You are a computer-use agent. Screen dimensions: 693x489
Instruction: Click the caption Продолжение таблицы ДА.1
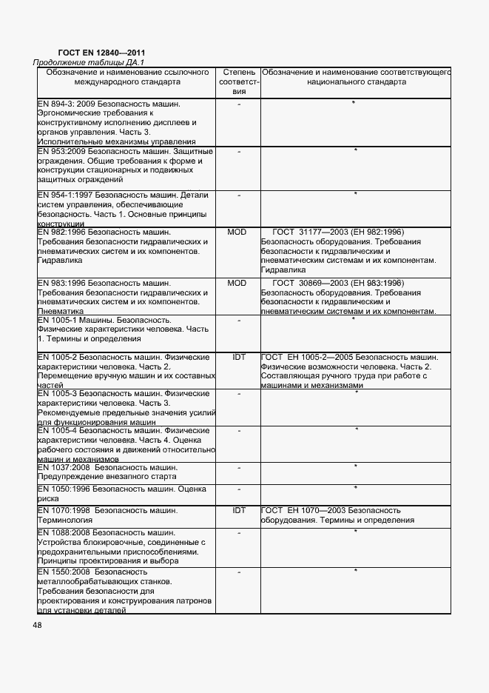click(x=89, y=63)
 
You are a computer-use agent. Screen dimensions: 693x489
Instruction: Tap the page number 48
click(x=37, y=625)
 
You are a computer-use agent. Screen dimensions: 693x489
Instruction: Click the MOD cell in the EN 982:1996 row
click(x=237, y=232)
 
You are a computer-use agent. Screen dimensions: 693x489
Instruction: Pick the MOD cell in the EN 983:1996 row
click(x=237, y=283)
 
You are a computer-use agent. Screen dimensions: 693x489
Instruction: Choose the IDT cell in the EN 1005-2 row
click(x=238, y=357)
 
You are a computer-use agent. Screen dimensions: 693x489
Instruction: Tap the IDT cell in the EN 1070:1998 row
click(x=238, y=510)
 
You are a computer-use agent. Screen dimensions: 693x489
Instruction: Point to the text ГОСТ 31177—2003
click(x=308, y=232)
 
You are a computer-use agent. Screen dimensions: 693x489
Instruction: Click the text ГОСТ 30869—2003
click(x=308, y=283)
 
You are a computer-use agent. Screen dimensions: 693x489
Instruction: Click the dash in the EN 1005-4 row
click(x=239, y=430)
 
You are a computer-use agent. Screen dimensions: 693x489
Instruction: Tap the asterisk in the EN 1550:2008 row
click(x=356, y=571)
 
